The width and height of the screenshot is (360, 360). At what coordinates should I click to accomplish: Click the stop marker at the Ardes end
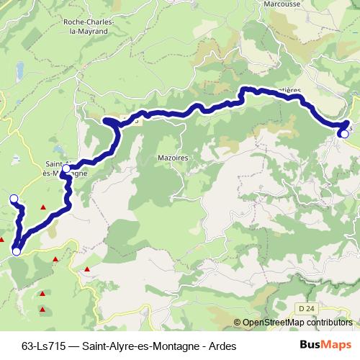[x=344, y=134]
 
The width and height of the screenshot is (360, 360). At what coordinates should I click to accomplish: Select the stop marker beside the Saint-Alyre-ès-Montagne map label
[x=66, y=169]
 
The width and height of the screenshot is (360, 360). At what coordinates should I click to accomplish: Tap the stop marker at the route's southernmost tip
[x=16, y=251]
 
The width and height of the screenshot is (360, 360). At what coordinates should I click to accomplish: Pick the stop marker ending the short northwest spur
[x=13, y=197]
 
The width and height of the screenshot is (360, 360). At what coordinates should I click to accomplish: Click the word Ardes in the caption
[x=221, y=345]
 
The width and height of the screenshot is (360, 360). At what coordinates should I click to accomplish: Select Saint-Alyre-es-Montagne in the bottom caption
[x=138, y=345]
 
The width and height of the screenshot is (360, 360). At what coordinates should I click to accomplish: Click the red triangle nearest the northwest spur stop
[x=43, y=208]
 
